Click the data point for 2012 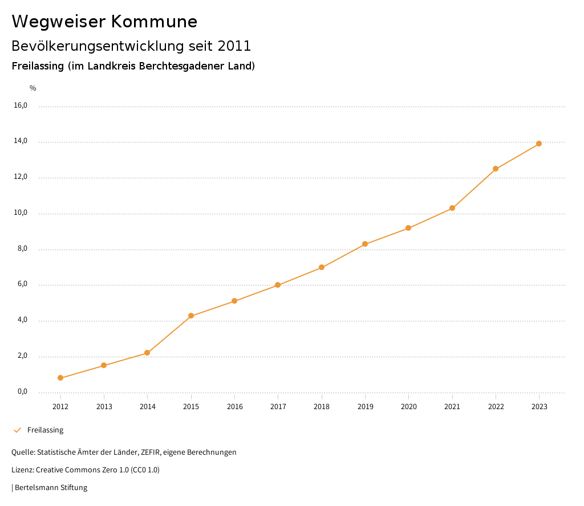pyautogui.click(x=60, y=378)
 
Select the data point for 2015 pyautogui.click(x=191, y=316)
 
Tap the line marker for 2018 pyautogui.click(x=322, y=267)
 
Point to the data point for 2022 pyautogui.click(x=496, y=169)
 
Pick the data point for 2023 pyautogui.click(x=539, y=144)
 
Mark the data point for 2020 pyautogui.click(x=408, y=228)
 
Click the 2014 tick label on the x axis pyautogui.click(x=148, y=406)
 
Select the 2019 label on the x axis pyautogui.click(x=365, y=406)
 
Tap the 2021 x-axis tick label pyautogui.click(x=452, y=406)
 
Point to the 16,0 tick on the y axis pyautogui.click(x=21, y=105)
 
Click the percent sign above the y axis pyautogui.click(x=33, y=88)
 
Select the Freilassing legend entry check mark pyautogui.click(x=17, y=430)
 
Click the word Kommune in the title pyautogui.click(x=154, y=22)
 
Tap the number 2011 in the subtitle pyautogui.click(x=234, y=46)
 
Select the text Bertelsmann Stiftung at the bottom pyautogui.click(x=51, y=488)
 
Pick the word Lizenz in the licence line pyautogui.click(x=22, y=470)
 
